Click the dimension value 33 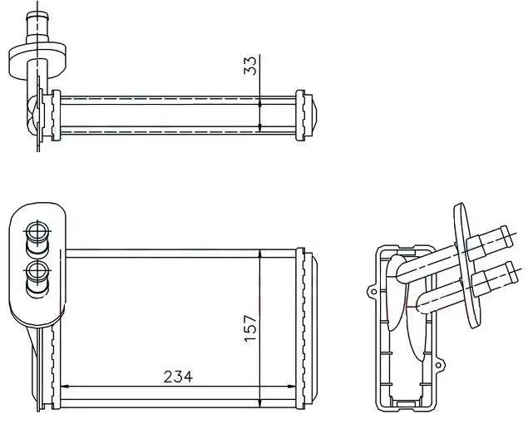point(250,66)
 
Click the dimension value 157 point(251,328)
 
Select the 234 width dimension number point(178,377)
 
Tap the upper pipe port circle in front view point(37,232)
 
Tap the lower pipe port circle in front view point(37,272)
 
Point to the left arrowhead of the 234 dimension point(65,387)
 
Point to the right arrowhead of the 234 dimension point(292,387)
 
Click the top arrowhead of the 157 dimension point(260,254)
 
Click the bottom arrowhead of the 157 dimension point(260,403)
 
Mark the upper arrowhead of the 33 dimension point(260,102)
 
